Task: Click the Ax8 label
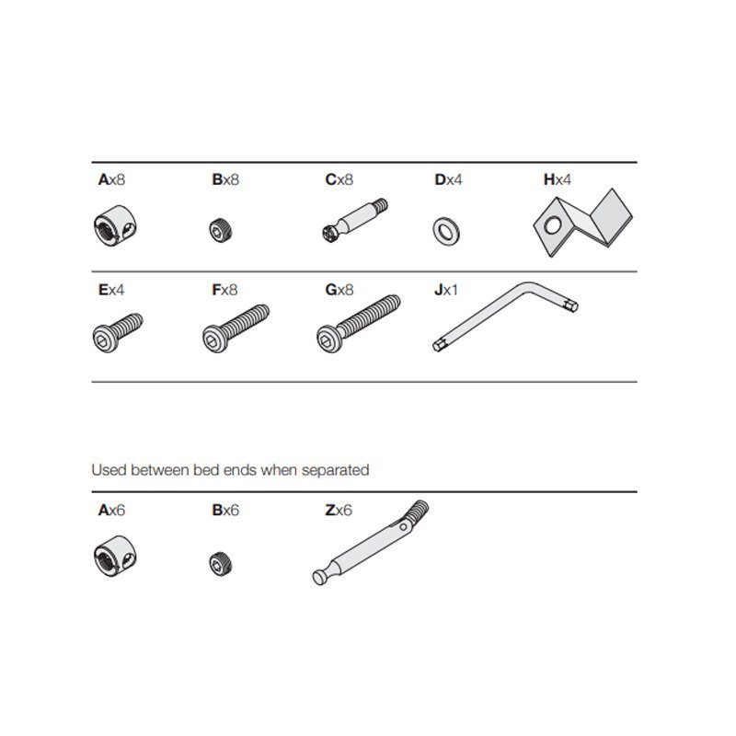(x=111, y=179)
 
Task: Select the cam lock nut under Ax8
(x=115, y=225)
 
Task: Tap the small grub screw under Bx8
(x=220, y=231)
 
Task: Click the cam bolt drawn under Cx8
(x=355, y=220)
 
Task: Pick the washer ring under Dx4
(x=446, y=232)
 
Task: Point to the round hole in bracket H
(x=553, y=224)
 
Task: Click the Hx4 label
(x=558, y=179)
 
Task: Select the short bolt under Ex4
(x=118, y=332)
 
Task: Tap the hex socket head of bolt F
(x=214, y=339)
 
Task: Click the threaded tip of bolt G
(x=395, y=302)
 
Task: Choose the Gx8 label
(x=339, y=290)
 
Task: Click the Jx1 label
(x=446, y=290)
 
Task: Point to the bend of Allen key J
(x=525, y=286)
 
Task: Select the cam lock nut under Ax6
(x=115, y=557)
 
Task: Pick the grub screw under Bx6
(x=220, y=564)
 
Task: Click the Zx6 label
(x=339, y=510)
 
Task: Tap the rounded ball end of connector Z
(x=319, y=578)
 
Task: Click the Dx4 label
(x=448, y=179)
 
